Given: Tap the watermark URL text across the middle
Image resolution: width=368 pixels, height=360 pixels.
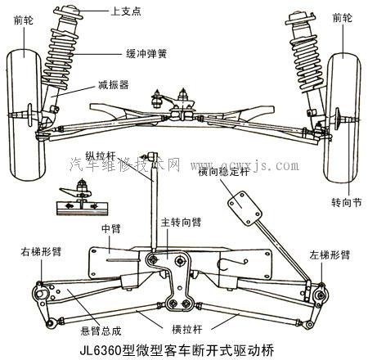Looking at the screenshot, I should coord(246,166).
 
